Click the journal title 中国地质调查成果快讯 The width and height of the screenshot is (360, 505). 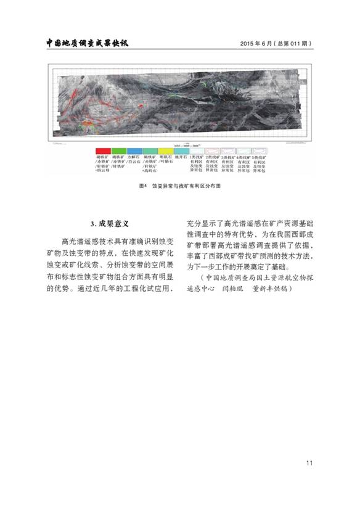point(91,43)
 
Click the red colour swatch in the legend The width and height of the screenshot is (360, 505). point(102,151)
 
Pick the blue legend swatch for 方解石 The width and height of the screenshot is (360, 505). point(134,151)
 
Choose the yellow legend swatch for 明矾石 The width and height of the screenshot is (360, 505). point(165,151)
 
